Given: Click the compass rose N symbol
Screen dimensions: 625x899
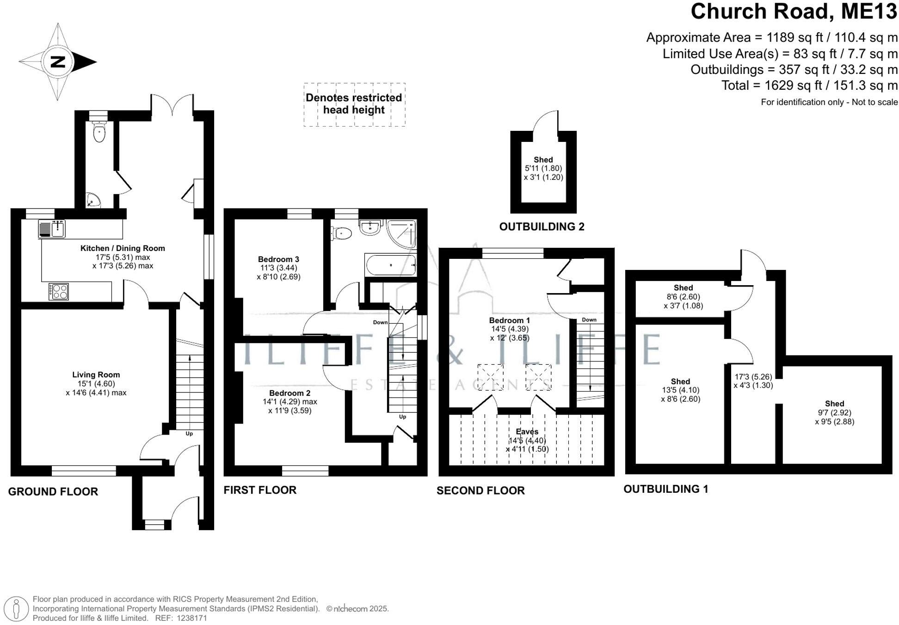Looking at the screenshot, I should tap(58, 61).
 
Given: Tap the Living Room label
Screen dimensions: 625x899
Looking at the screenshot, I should tap(96, 375).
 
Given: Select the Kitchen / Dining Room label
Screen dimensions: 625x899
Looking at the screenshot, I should tap(123, 248).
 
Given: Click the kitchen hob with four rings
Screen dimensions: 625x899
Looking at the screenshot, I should tap(59, 291).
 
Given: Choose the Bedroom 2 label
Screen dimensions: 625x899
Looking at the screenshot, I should tap(289, 393).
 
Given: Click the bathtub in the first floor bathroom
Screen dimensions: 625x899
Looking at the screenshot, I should tap(390, 265).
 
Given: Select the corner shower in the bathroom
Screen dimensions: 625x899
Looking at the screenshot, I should tap(401, 233).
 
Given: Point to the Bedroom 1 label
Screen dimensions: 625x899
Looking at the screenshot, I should tap(510, 320).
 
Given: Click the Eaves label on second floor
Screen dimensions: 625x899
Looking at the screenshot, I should tap(527, 431).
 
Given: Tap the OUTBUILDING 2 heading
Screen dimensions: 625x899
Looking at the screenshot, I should tap(542, 227).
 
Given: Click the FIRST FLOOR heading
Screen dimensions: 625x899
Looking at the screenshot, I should tap(260, 490).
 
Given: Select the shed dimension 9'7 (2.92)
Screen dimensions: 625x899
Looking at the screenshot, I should tap(834, 413).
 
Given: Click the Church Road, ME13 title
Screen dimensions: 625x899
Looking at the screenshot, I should tap(794, 12).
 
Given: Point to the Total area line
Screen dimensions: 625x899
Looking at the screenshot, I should tap(809, 86).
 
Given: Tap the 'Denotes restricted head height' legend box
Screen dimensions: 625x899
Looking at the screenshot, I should tap(354, 104).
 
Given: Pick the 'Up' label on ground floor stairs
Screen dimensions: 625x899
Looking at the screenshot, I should tap(189, 434).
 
